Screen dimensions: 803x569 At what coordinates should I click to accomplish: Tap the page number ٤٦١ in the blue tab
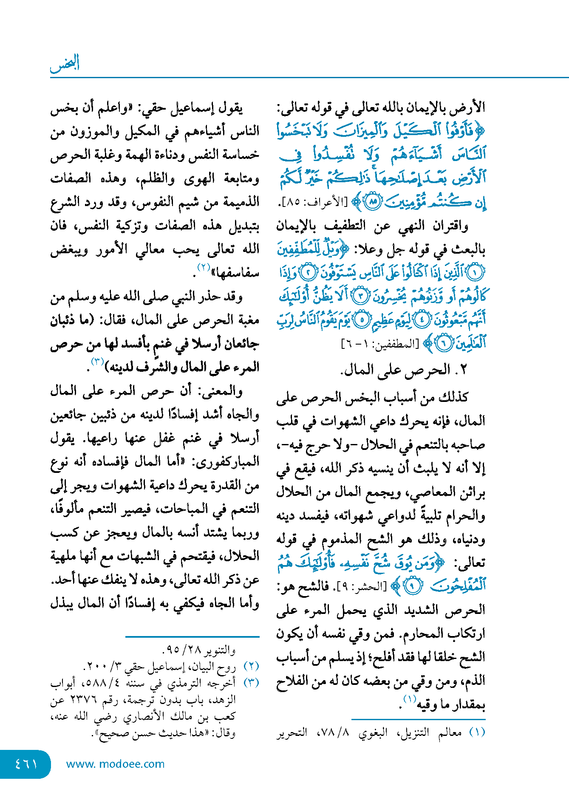(x=26, y=764)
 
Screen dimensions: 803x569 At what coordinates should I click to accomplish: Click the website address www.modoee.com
(x=115, y=764)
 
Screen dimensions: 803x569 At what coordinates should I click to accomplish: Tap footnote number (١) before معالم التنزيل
(x=477, y=733)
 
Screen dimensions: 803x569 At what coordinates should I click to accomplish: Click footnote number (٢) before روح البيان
(x=252, y=667)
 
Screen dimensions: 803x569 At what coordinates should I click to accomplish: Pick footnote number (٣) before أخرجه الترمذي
(x=252, y=683)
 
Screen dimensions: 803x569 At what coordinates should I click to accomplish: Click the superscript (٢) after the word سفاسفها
(x=204, y=268)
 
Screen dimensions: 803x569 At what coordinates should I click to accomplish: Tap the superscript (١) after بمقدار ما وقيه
(x=410, y=699)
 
